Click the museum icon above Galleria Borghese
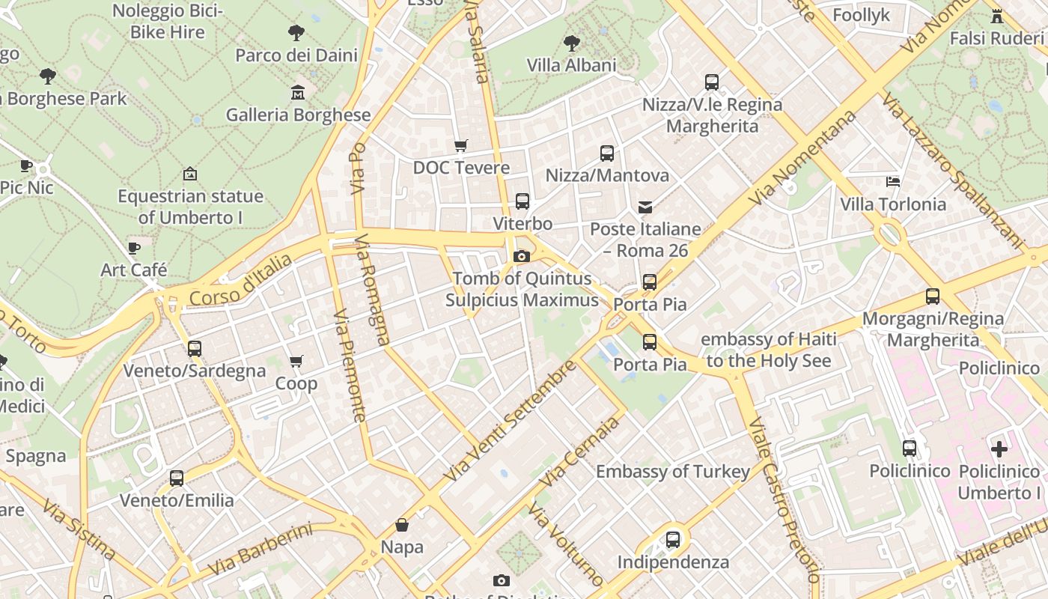298,93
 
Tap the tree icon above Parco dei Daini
296,32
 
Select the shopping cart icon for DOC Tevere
461,145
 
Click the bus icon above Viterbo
523,201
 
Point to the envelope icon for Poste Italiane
645,207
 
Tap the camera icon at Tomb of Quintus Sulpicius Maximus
522,257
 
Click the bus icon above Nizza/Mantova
607,153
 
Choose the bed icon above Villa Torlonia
892,181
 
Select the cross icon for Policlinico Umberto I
999,449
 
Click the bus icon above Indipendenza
673,539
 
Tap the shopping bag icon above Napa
402,525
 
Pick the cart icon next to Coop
296,362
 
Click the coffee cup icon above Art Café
134,247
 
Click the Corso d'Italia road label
240,280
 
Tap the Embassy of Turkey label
672,472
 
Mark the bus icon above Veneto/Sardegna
195,348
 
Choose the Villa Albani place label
571,65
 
